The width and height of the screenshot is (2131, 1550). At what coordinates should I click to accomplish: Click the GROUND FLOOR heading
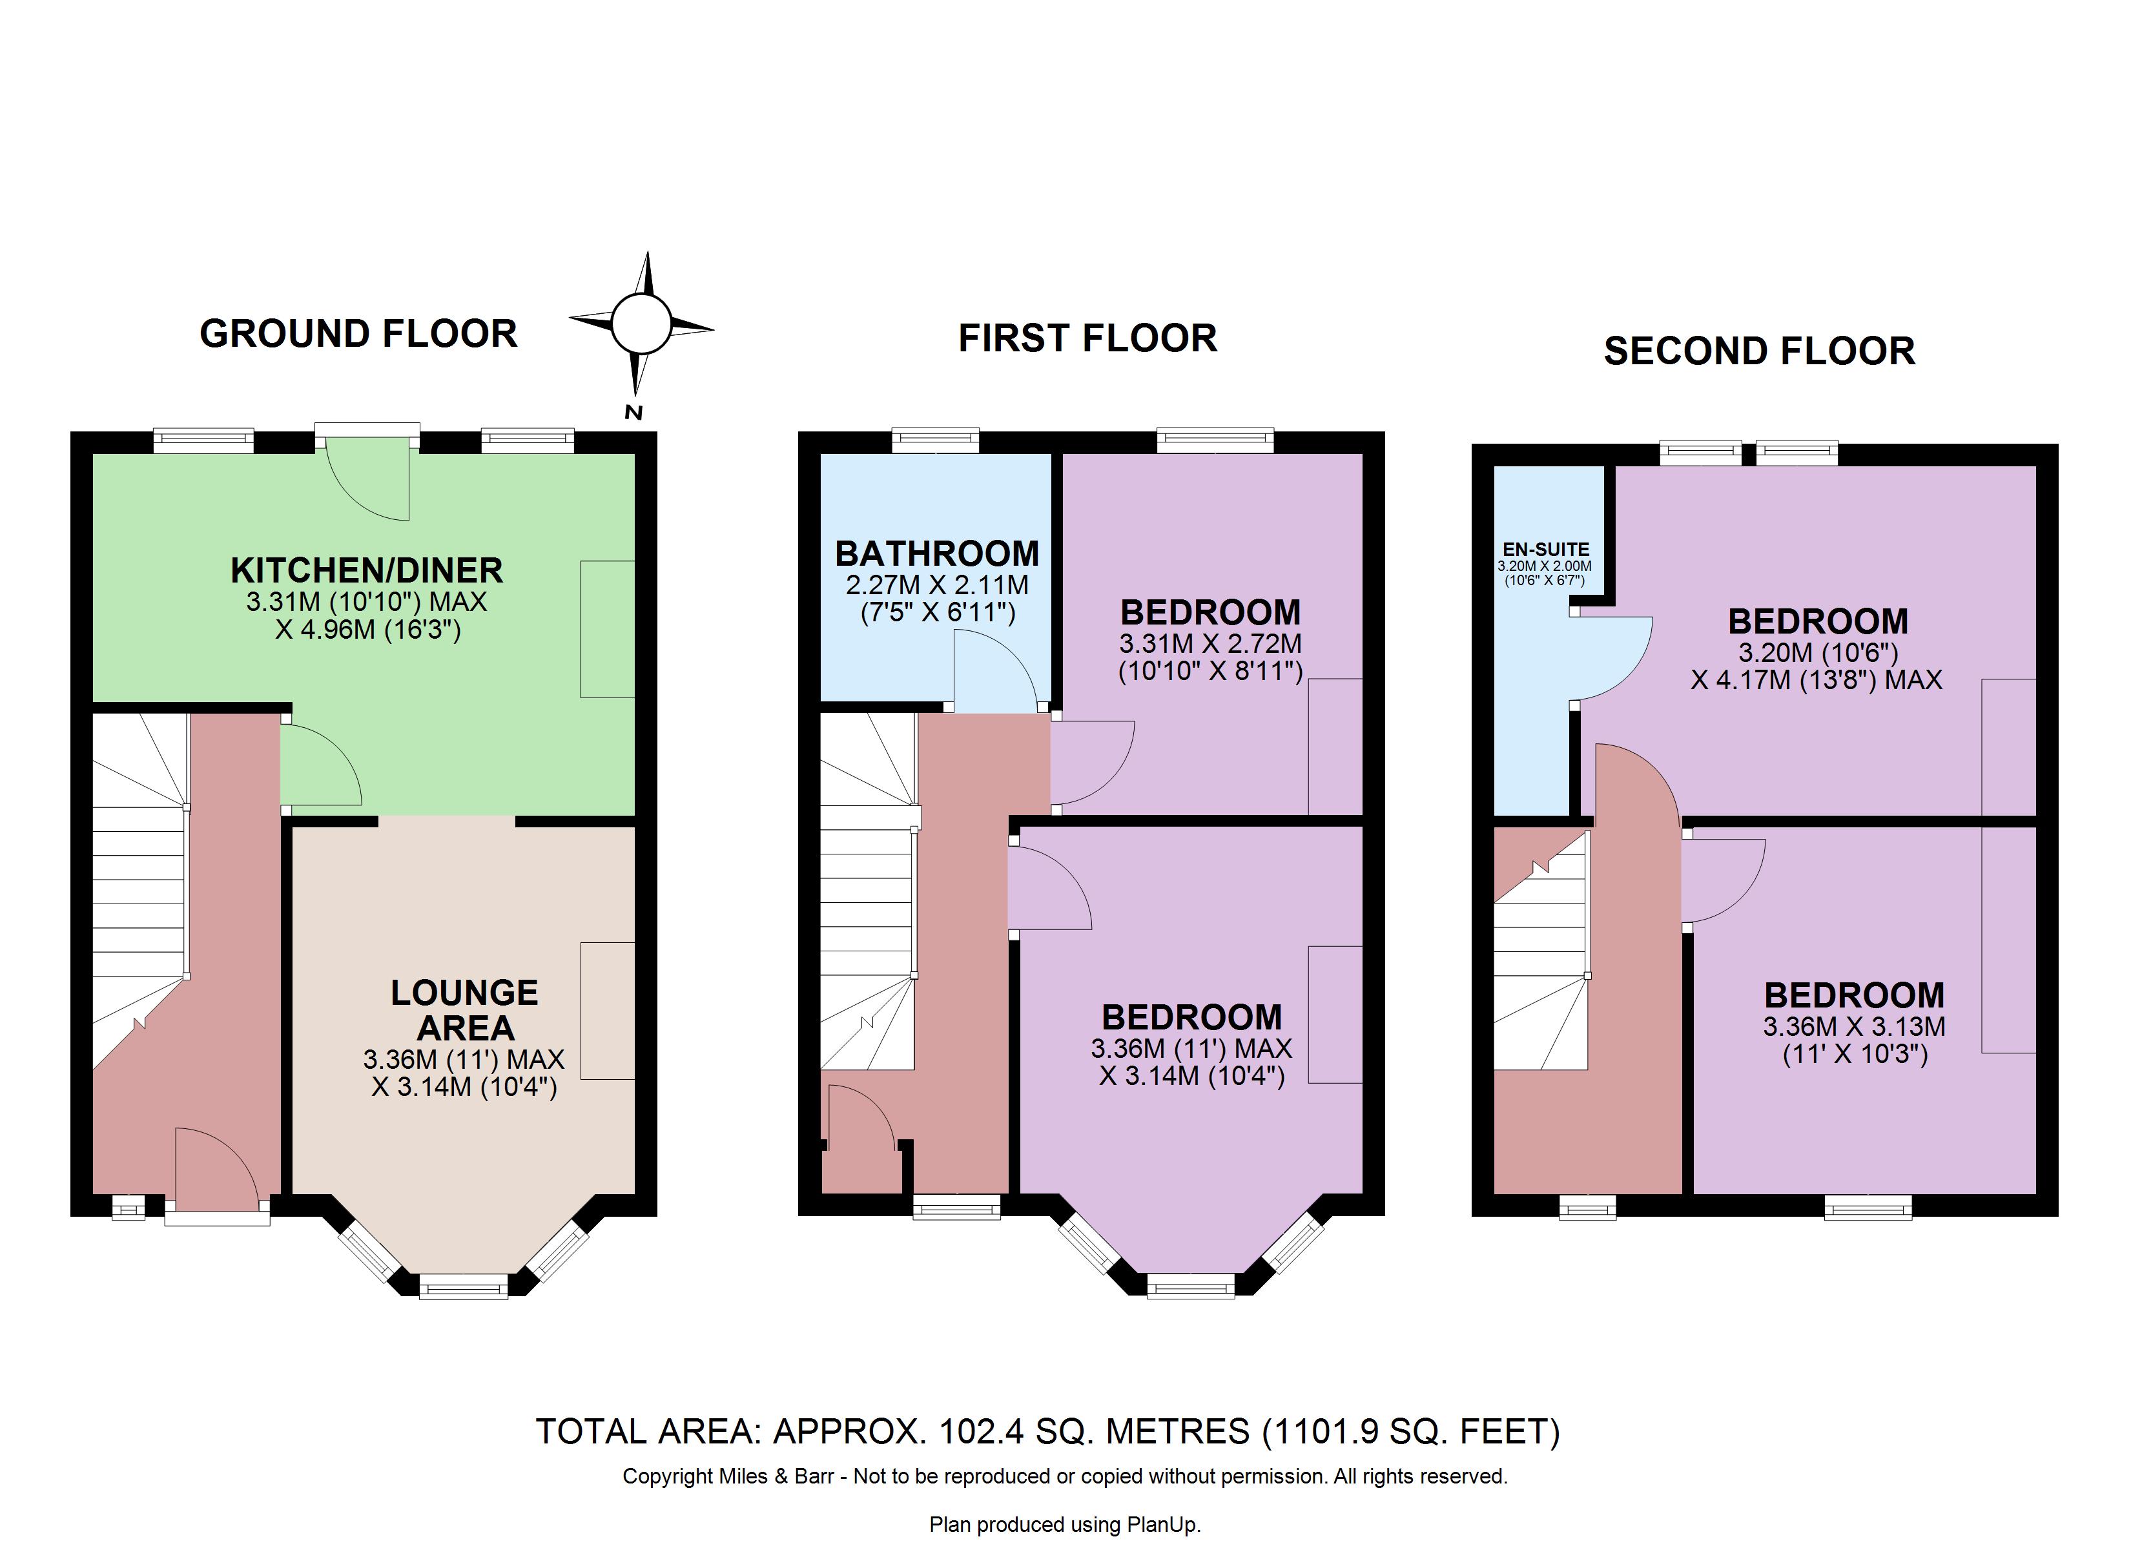(x=358, y=334)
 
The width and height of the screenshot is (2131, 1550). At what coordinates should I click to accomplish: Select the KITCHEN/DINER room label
(x=366, y=570)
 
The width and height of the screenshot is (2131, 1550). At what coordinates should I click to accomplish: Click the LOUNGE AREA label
(x=464, y=1009)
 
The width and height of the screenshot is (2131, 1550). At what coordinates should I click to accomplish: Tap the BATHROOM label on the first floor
(x=937, y=553)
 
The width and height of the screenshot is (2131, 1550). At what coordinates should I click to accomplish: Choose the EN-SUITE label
(x=1546, y=550)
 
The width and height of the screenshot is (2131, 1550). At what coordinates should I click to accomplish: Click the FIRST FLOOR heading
(x=1087, y=338)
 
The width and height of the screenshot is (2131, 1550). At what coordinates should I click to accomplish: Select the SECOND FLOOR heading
(x=1759, y=351)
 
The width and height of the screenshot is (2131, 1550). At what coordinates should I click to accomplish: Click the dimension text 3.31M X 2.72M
(x=1210, y=644)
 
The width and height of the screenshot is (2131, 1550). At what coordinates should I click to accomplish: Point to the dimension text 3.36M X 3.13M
(x=1854, y=1026)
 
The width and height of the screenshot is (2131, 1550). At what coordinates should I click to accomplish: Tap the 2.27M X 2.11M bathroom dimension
(x=937, y=584)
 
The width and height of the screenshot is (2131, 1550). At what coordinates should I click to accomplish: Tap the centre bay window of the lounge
(x=463, y=1286)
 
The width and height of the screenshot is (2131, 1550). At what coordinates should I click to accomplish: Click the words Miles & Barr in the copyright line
(x=776, y=1476)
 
